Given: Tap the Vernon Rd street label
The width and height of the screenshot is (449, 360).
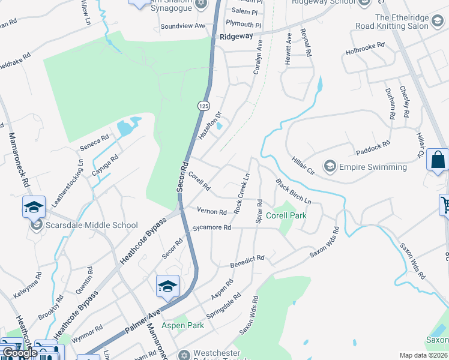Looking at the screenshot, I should point(212,211).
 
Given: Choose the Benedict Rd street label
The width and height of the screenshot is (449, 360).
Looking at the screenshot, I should point(247,261).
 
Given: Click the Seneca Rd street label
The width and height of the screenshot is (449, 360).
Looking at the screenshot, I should point(94,142).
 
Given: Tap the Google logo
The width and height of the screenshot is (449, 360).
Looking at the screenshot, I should point(19,352).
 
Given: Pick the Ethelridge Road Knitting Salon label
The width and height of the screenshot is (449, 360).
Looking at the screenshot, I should point(410,22).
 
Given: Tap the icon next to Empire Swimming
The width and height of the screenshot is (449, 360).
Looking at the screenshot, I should point(329,165).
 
